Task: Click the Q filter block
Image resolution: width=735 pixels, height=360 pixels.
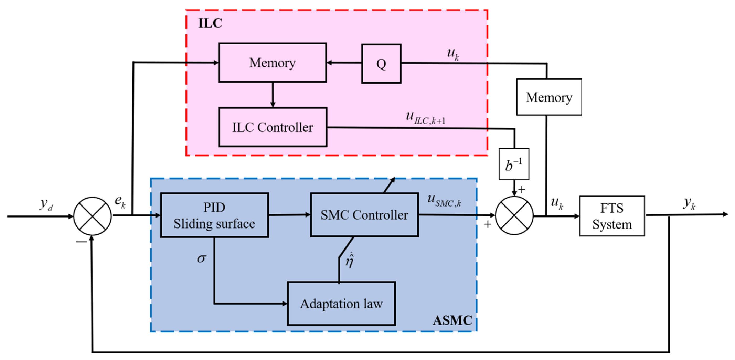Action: [381, 64]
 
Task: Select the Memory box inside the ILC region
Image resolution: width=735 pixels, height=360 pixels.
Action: [272, 63]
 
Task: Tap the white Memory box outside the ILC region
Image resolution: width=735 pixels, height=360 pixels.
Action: [549, 97]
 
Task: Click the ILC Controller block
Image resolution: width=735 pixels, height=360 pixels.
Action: [273, 127]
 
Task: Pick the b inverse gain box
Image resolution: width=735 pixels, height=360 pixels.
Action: [514, 164]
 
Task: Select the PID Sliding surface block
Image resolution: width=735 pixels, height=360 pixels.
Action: [214, 215]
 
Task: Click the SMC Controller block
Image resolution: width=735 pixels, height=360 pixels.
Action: [364, 215]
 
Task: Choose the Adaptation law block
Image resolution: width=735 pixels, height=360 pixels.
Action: [341, 304]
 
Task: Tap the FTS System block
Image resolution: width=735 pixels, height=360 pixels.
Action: [612, 216]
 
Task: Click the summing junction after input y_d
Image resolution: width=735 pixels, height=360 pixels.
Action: [92, 216]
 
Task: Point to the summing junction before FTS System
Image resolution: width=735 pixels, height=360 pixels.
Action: [514, 215]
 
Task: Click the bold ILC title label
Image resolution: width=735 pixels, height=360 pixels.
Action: [210, 23]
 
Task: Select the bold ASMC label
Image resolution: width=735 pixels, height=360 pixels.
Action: [452, 320]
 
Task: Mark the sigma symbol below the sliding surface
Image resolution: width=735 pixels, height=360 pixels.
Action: [201, 258]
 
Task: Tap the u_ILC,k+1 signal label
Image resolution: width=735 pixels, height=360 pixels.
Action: [425, 118]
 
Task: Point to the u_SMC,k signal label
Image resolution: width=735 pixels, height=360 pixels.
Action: [444, 200]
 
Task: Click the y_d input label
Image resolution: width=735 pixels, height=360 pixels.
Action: [46, 204]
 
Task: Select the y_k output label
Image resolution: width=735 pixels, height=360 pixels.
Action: [689, 203]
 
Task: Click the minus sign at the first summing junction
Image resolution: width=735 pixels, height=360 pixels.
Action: [81, 242]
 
